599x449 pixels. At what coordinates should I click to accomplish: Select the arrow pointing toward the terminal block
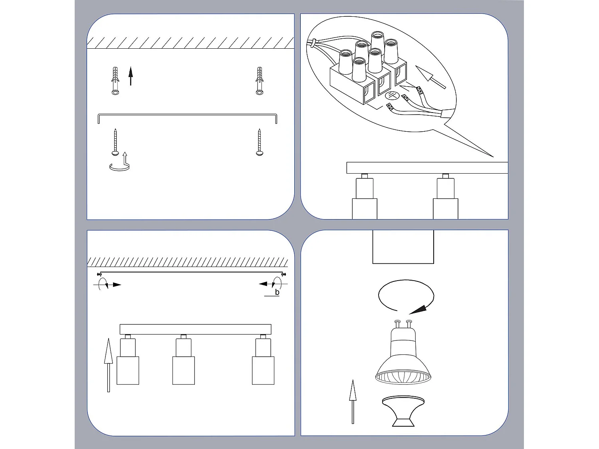[430, 77]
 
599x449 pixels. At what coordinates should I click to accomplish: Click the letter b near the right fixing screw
[277, 293]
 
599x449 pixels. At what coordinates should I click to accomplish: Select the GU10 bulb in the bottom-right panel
[403, 355]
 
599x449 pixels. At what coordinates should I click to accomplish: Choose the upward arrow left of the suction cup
[353, 401]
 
